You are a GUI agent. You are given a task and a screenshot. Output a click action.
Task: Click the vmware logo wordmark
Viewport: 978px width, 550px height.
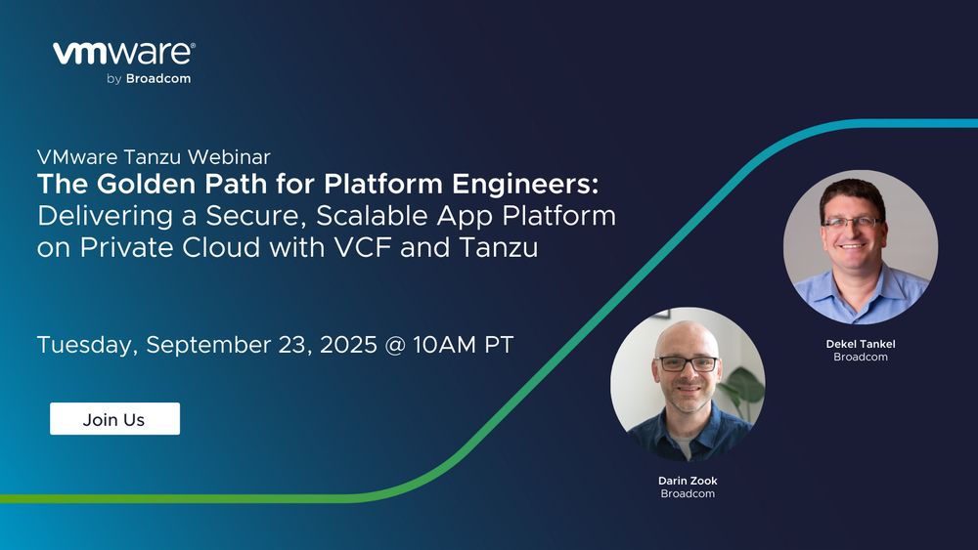[x=123, y=54]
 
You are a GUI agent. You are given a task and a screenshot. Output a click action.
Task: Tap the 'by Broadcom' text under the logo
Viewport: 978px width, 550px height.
[x=149, y=79]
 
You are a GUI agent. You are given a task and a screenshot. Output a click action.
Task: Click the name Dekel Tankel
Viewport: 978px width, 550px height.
[x=860, y=344]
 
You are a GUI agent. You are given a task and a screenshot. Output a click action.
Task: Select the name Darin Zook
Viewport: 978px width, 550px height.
[x=688, y=481]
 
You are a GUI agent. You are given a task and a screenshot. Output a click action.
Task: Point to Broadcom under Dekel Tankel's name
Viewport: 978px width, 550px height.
[x=860, y=357]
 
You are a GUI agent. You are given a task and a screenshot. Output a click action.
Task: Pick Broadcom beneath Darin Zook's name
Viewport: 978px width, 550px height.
[x=688, y=494]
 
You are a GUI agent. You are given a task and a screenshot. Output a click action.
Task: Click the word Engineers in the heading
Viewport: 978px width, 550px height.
[x=525, y=185]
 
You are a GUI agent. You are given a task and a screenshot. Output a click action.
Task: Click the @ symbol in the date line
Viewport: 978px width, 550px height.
[x=395, y=345]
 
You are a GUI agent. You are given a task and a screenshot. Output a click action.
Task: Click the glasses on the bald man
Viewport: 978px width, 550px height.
[x=688, y=363]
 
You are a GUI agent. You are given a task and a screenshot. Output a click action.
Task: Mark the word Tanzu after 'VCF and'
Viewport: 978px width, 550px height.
[x=499, y=247]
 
